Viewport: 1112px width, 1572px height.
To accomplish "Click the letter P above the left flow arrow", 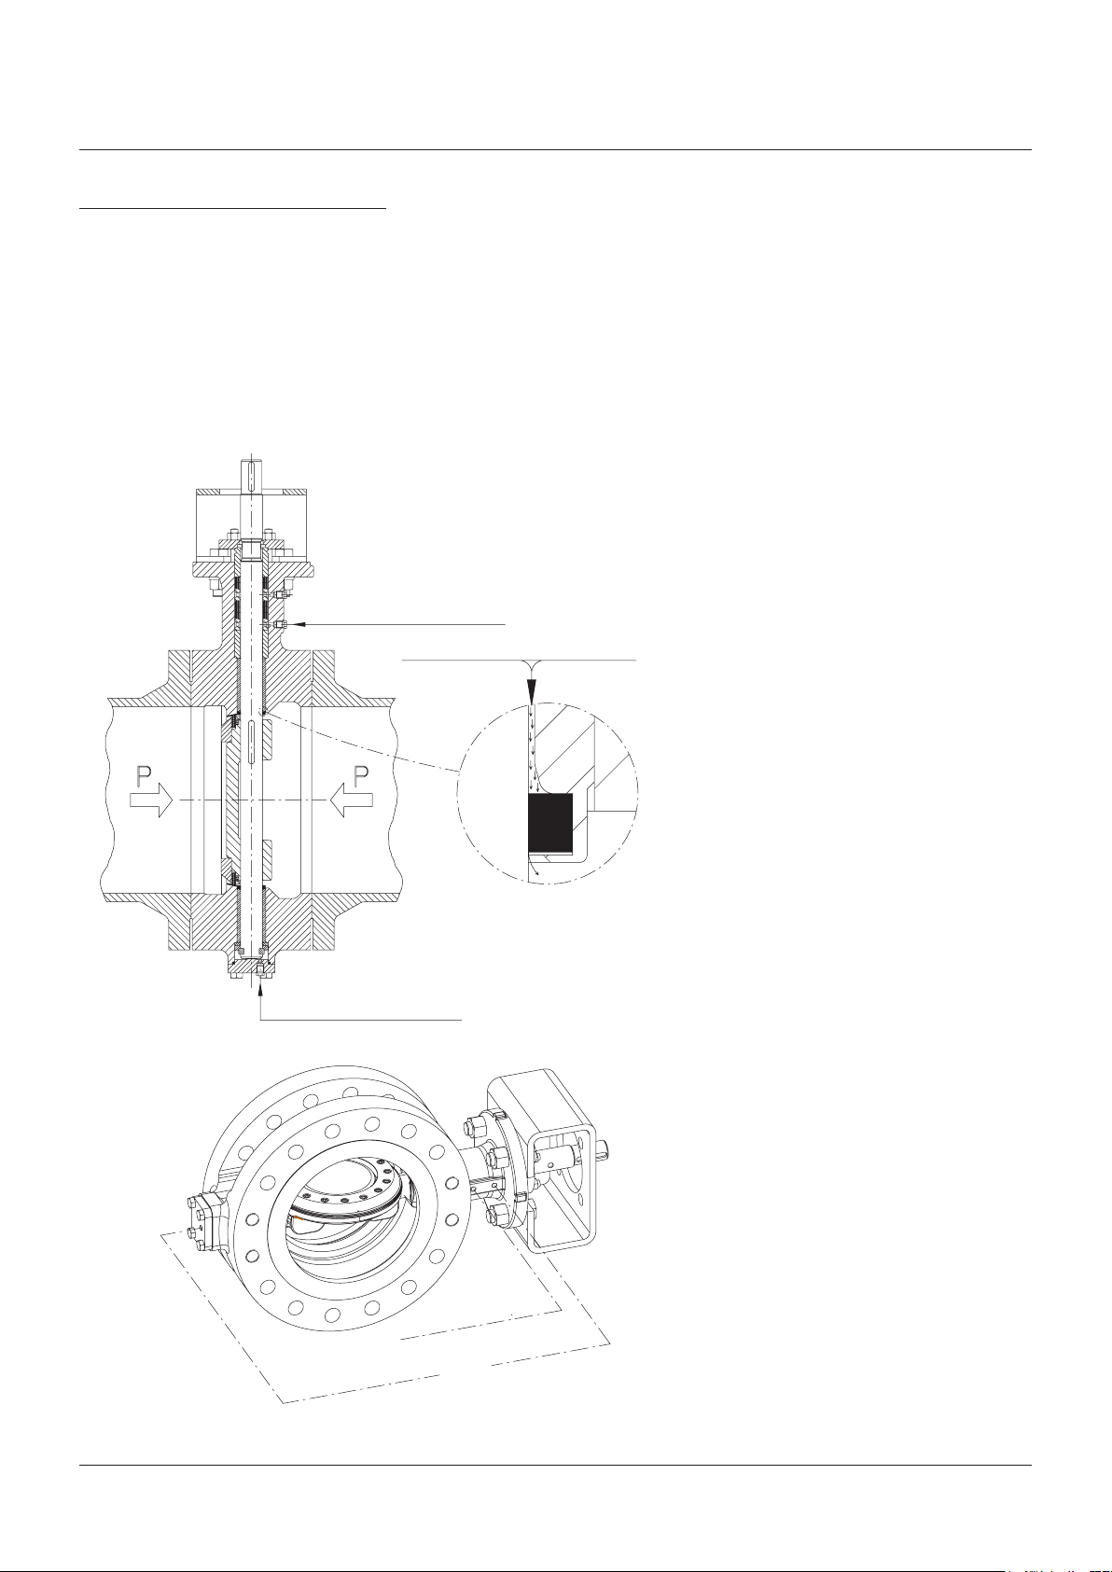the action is click(146, 776).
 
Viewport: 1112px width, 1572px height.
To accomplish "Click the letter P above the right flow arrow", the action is click(361, 776).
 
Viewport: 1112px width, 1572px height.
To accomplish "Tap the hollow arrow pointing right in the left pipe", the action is click(150, 800).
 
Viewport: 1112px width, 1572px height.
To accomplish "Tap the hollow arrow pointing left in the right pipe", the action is click(352, 800).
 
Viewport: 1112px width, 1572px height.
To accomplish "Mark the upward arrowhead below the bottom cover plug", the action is click(260, 987).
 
